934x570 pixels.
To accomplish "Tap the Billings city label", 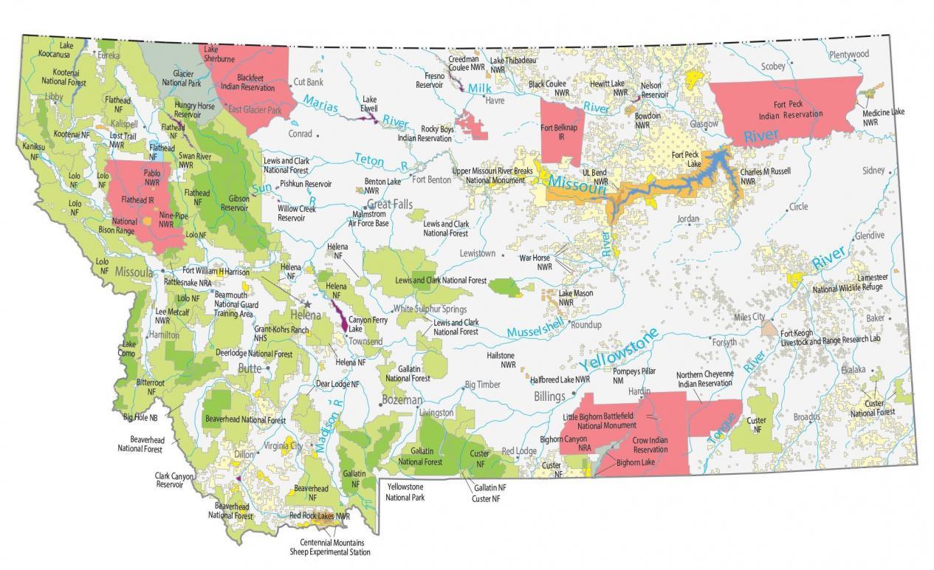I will point(549,396).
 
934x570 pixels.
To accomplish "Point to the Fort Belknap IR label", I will point(557,133).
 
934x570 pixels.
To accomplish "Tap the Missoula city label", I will point(134,272).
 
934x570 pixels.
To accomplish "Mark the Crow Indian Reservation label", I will point(650,444).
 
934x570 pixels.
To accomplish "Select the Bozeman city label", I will point(402,399).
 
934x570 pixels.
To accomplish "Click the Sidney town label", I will point(873,171).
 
